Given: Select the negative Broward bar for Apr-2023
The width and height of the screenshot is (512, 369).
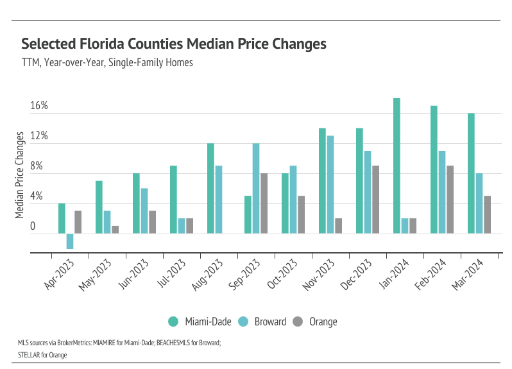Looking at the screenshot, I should click(70, 241).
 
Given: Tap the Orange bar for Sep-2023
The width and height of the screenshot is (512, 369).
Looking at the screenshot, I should click(264, 203).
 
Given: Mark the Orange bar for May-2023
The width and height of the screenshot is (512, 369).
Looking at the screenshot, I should click(115, 230).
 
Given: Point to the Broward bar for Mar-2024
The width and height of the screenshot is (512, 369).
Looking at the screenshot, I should click(479, 203).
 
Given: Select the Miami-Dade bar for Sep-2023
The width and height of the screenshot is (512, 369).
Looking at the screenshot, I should click(248, 214).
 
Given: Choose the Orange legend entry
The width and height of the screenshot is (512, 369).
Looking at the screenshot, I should click(317, 322).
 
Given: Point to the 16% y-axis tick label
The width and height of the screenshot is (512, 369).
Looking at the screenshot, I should click(39, 106).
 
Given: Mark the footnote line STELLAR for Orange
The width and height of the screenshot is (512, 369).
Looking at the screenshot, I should click(42, 353).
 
